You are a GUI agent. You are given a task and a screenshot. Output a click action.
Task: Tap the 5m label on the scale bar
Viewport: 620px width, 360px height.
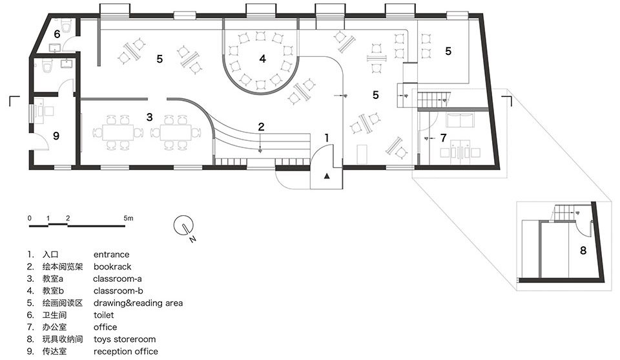[x=128, y=218]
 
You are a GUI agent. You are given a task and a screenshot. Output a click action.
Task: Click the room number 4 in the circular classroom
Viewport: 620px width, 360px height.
[x=263, y=59]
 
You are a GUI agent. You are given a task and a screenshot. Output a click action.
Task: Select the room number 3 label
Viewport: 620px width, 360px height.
[x=149, y=117]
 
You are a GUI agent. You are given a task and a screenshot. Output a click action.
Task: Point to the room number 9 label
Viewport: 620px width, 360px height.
[x=56, y=136]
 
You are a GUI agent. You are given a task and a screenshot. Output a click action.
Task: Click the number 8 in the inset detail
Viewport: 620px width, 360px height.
[x=583, y=250]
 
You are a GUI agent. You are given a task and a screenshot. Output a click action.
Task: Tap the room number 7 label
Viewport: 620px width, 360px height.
[x=443, y=138]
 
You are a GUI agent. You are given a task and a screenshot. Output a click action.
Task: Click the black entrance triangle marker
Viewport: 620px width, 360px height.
[x=327, y=176]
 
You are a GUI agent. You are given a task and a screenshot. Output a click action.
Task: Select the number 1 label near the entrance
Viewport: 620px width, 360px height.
[x=327, y=138]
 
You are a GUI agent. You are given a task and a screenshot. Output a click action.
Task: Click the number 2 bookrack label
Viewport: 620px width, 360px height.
[x=261, y=127]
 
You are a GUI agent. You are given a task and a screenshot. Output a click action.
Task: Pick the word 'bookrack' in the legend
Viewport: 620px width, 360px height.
[x=112, y=267]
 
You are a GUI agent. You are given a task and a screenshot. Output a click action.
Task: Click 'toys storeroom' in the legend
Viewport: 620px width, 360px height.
[x=125, y=339]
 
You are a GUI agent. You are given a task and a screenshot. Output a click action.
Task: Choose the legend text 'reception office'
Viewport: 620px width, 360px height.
[x=126, y=352]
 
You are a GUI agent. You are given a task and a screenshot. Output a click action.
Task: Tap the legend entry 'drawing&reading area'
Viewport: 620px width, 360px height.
[x=138, y=303]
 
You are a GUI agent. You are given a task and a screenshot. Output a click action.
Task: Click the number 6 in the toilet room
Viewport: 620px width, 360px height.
[x=57, y=34]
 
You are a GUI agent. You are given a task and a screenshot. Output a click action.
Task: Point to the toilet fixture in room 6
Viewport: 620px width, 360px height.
[x=67, y=27]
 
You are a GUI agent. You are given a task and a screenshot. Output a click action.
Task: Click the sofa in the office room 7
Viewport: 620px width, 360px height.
[x=460, y=121]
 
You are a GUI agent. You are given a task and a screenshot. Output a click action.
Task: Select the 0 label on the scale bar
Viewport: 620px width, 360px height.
[x=30, y=218]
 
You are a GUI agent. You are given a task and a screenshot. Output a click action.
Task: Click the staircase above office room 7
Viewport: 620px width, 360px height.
[x=434, y=100]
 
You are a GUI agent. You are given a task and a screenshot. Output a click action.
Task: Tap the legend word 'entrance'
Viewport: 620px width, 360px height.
[x=112, y=255]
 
